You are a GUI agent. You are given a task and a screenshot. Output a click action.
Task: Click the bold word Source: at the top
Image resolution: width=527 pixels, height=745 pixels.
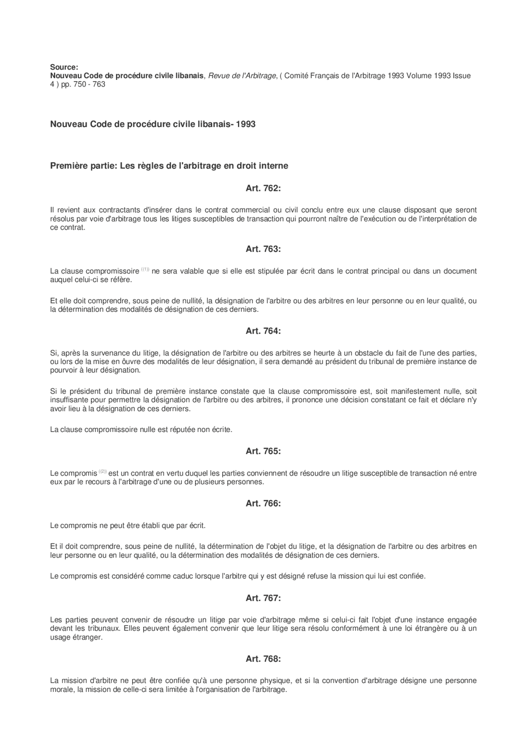point(64,67)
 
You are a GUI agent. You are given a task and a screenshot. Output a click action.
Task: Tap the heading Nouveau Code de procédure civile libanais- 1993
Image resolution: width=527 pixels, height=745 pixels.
point(153,124)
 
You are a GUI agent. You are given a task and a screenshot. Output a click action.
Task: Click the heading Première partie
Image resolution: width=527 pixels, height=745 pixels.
point(169,166)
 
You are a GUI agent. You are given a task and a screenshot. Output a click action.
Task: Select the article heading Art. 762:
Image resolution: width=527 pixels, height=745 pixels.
point(263,188)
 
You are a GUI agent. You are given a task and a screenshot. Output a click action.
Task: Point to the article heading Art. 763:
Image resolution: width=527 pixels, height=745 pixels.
point(263,249)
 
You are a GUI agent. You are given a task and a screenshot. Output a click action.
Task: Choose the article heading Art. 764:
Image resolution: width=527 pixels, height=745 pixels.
point(263,331)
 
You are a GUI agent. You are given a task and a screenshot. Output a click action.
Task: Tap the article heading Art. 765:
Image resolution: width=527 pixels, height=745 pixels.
point(263,451)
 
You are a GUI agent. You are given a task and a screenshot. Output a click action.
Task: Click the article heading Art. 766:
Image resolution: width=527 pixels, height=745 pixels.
point(263,503)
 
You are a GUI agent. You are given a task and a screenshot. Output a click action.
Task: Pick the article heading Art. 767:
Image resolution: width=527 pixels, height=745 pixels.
point(263,598)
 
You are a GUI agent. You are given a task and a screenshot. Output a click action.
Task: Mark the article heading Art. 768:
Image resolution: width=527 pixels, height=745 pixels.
point(263,659)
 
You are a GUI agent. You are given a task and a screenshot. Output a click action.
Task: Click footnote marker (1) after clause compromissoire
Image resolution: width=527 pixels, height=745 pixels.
point(145,269)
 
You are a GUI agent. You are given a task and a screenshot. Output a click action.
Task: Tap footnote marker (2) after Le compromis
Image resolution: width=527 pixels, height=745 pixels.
point(103,471)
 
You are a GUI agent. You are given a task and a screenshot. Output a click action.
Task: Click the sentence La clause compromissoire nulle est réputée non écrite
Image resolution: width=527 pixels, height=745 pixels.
point(141,429)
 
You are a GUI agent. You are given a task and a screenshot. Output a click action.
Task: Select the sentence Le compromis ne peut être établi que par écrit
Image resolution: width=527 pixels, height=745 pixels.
point(128,525)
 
